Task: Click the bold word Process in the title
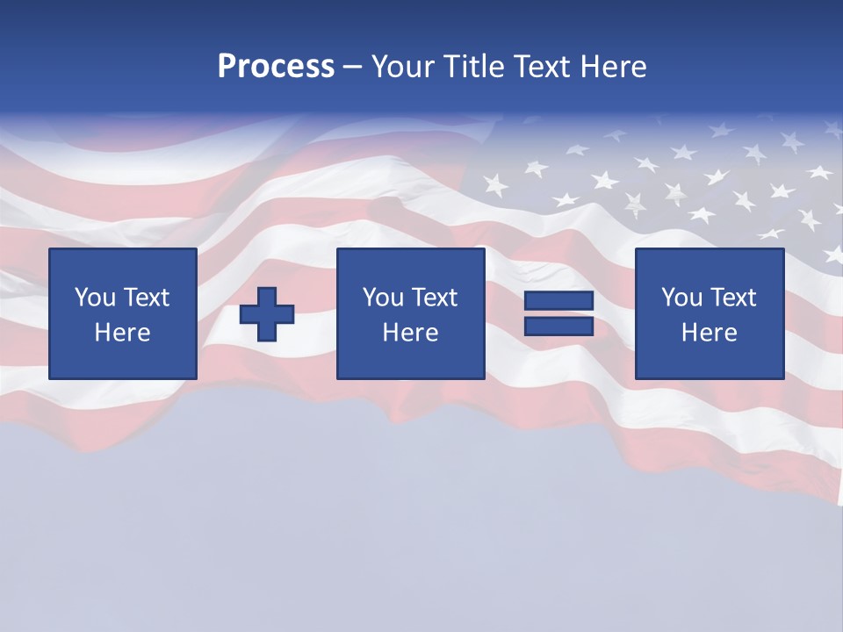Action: point(276,67)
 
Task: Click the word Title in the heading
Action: point(473,67)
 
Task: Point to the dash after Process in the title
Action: point(352,68)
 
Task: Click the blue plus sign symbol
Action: point(267,313)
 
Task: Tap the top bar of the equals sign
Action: point(558,301)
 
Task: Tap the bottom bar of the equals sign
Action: point(558,326)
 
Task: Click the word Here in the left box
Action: point(122,333)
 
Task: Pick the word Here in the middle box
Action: point(410,333)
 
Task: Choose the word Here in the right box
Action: point(709,333)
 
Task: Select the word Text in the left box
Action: point(147,298)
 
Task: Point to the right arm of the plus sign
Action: point(285,313)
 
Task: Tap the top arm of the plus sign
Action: point(267,295)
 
